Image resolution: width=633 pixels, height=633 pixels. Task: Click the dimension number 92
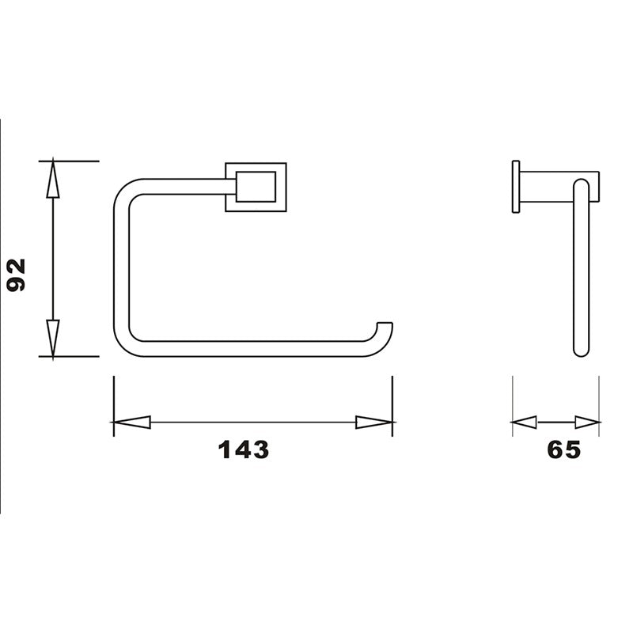(17, 275)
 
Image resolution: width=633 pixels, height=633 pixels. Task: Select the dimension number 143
(244, 449)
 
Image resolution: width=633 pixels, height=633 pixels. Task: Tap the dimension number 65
(564, 449)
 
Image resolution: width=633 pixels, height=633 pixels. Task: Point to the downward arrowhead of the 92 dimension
(53, 338)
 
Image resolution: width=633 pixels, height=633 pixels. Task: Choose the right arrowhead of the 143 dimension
(374, 423)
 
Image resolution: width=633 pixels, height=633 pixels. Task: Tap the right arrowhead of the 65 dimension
(587, 423)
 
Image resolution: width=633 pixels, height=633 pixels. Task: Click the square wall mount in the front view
(256, 188)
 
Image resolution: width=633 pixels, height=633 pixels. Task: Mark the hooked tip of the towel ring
(385, 328)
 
